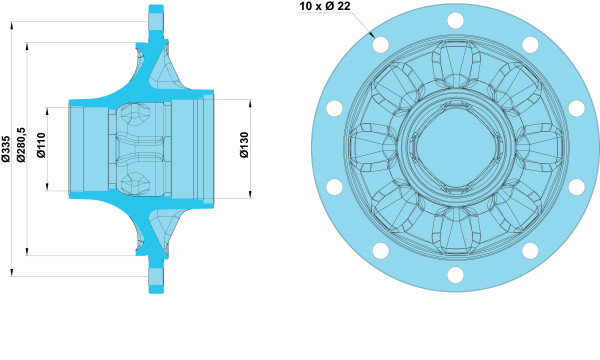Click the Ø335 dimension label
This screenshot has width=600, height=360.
(5, 149)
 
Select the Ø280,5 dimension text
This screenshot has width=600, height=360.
(21, 145)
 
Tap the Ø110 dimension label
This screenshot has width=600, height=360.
(41, 145)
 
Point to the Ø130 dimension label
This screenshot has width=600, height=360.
(244, 145)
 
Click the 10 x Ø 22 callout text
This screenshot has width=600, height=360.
(325, 6)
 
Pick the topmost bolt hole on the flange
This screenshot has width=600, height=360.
(455, 20)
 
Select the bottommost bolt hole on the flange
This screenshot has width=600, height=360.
(455, 275)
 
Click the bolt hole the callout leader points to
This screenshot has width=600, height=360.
(381, 45)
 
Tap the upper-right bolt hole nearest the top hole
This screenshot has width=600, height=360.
(530, 45)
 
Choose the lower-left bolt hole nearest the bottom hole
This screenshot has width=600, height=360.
(381, 251)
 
